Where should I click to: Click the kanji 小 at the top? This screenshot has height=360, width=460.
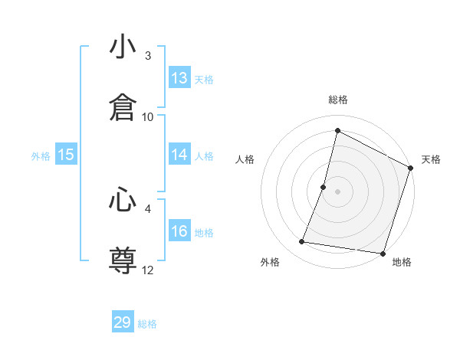[123, 48]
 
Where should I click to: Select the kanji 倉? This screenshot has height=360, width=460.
[123, 108]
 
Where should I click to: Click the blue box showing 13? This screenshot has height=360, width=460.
[179, 78]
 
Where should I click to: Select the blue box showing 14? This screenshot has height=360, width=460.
[179, 155]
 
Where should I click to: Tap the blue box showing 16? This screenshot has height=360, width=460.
[179, 231]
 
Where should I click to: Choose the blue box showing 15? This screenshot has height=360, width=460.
[66, 155]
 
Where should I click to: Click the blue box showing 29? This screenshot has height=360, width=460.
[123, 322]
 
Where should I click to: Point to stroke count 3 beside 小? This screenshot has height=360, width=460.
[148, 56]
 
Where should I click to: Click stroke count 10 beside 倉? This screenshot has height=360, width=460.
[148, 116]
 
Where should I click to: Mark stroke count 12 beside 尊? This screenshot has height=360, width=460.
[148, 270]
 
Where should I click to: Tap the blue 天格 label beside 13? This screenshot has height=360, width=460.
[204, 80]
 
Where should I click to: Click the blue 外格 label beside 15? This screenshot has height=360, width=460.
[41, 156]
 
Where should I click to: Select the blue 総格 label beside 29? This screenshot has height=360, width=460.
[147, 324]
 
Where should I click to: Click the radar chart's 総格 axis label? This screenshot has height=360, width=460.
[338, 100]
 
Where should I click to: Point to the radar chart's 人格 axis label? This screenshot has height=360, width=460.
[245, 159]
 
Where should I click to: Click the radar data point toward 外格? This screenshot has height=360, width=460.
[302, 242]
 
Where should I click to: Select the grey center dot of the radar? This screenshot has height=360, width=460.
[338, 191]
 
